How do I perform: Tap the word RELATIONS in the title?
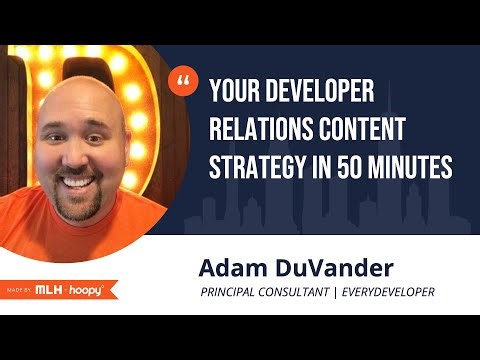(x=261, y=131)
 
